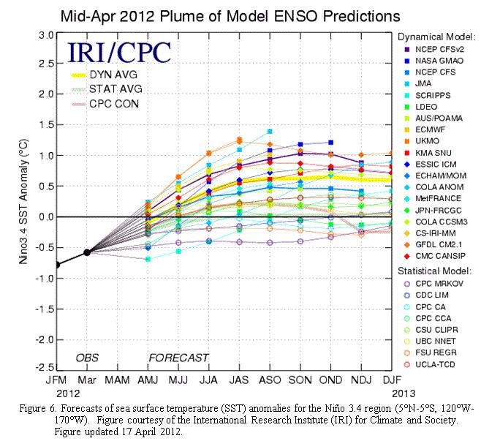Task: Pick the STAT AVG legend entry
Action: coord(112,89)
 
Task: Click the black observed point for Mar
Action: coord(87,252)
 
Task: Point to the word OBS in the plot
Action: coord(88,358)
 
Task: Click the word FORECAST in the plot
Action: coord(178,358)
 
